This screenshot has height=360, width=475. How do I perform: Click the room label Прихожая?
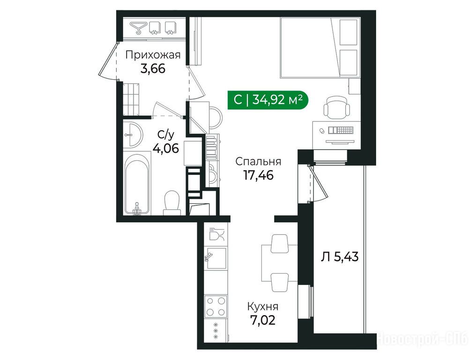tap(153, 55)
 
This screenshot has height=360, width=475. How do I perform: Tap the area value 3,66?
tap(153, 69)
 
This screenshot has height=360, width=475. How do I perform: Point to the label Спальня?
tap(259, 162)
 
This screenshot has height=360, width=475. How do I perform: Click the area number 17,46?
tap(259, 175)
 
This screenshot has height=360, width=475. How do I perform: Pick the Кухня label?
tap(263, 307)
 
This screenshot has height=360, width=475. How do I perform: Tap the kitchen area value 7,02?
tap(263, 320)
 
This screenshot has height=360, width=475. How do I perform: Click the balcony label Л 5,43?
tap(340, 257)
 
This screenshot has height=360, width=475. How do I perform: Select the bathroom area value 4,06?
tap(165, 148)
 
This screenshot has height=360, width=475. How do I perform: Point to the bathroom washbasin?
tap(133, 134)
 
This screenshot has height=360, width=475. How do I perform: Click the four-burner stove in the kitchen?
tap(216, 307)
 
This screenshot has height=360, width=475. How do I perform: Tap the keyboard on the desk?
tap(341, 130)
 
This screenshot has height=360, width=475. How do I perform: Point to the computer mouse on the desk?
tap(322, 131)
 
